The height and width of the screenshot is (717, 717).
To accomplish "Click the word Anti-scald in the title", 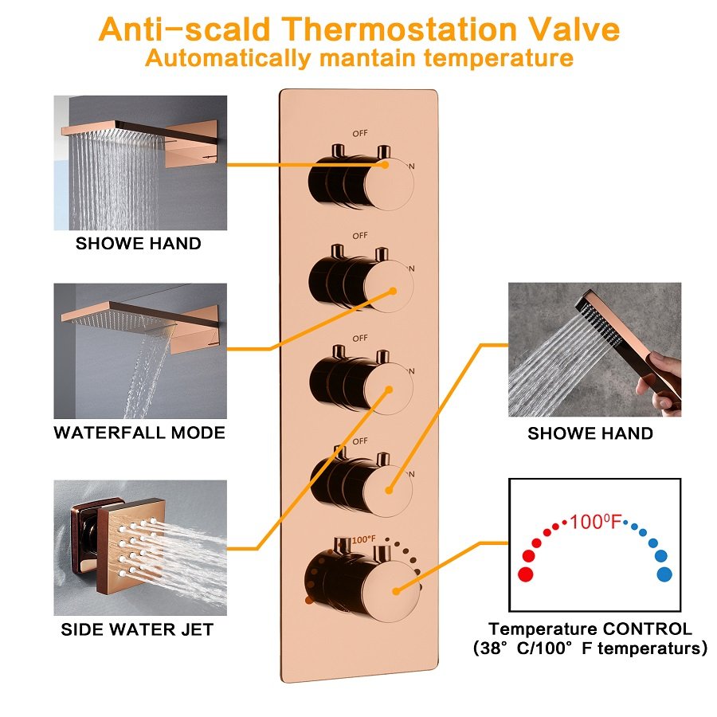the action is [185, 29].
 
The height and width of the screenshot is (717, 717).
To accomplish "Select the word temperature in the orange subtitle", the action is [498, 58].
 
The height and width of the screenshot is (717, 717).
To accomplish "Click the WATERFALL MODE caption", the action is [139, 433].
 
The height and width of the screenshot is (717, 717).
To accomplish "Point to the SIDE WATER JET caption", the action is [137, 629].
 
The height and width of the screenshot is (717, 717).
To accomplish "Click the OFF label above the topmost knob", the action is [360, 133].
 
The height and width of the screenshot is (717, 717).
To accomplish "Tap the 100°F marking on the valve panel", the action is [363, 539].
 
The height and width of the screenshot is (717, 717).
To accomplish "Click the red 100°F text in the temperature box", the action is [596, 521].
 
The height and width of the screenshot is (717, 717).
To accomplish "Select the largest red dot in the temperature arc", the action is [526, 574].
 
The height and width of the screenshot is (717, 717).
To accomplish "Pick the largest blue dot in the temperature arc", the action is [664, 574].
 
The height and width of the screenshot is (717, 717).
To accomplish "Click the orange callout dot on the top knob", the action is [385, 165].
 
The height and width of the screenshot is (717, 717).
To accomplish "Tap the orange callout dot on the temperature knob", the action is [396, 591].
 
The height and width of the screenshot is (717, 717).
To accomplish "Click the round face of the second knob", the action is [389, 287].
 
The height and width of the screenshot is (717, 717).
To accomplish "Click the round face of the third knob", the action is [389, 389].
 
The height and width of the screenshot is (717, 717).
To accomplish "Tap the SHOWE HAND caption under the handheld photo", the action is [590, 433].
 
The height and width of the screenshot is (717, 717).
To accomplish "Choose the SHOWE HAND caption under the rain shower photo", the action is [138, 243].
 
